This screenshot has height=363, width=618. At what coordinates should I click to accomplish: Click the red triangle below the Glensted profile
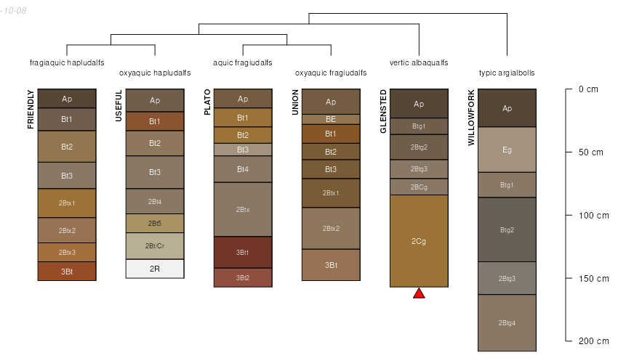(x=419, y=293)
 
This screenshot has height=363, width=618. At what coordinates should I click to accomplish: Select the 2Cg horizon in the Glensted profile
(x=419, y=240)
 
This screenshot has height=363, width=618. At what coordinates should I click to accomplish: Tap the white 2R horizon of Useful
(x=155, y=269)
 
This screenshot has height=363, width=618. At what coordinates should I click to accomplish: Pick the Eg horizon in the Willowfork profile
(x=507, y=150)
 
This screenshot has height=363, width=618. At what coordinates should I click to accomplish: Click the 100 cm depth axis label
(x=593, y=216)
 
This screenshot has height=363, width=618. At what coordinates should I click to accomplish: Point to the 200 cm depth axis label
(x=593, y=341)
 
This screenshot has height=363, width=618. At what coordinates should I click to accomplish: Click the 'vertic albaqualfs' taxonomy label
(x=419, y=62)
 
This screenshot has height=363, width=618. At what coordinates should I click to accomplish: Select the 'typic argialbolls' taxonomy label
(x=507, y=73)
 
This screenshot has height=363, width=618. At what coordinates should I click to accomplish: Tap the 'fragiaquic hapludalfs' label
(x=67, y=62)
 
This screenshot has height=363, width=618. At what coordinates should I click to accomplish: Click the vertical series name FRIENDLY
(x=31, y=109)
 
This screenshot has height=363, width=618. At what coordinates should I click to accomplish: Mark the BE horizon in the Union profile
(x=331, y=119)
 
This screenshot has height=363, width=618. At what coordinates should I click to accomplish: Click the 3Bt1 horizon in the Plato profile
(x=243, y=252)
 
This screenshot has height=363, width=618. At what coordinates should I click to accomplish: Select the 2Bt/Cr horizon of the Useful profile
(x=155, y=245)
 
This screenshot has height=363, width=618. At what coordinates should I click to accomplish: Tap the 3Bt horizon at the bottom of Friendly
(x=67, y=271)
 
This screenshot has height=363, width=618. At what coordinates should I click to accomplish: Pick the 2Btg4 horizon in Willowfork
(x=507, y=322)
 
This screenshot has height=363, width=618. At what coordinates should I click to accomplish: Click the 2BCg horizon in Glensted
(x=419, y=187)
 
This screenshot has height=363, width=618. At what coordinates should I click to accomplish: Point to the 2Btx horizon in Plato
(x=243, y=209)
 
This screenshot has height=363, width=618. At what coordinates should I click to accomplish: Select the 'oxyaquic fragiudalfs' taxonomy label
(x=331, y=73)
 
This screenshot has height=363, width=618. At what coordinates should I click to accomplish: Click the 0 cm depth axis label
(x=588, y=89)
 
